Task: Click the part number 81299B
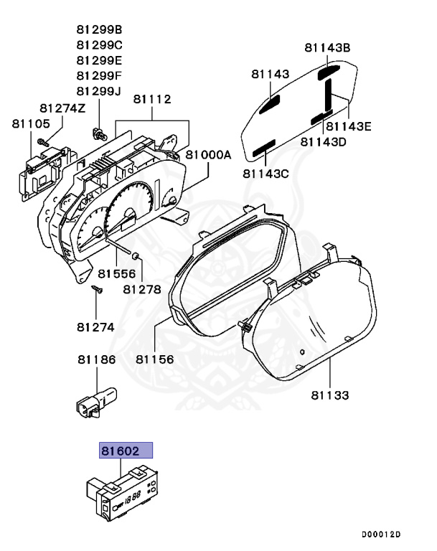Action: click(x=99, y=29)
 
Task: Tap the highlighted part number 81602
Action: click(x=126, y=451)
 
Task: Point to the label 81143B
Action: click(x=326, y=48)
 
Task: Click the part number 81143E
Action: click(x=348, y=127)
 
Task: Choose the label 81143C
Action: click(x=266, y=173)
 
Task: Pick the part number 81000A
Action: click(x=209, y=155)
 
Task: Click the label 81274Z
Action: click(x=62, y=108)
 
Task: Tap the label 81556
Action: click(x=117, y=273)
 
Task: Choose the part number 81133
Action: click(x=330, y=395)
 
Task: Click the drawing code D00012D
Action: click(x=381, y=534)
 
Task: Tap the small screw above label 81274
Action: click(x=98, y=291)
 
